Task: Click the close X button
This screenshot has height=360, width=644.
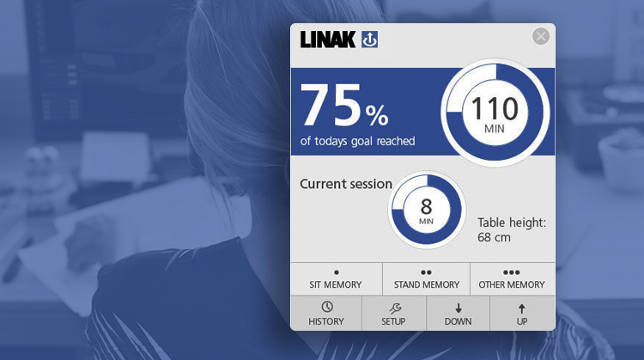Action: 541,36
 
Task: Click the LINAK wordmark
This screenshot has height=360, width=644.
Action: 328,40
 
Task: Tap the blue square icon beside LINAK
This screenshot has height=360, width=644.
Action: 369,40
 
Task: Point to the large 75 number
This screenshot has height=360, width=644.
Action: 331,105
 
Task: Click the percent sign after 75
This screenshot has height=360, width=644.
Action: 377,115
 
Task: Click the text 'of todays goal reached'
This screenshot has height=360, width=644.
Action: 358,141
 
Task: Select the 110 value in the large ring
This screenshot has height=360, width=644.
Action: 495,108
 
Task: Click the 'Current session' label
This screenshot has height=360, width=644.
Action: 346,184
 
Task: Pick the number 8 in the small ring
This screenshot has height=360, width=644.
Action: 426,207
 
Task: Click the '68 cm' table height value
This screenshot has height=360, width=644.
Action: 494,237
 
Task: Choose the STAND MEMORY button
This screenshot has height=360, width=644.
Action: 426,279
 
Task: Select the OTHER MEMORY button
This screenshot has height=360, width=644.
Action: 512,279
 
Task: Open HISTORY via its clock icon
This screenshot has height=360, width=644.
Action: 327,307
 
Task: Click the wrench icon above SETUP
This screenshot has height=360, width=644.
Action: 395,308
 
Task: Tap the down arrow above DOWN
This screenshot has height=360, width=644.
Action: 459,308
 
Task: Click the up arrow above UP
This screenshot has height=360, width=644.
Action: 521,308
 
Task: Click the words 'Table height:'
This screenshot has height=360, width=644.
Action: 512,223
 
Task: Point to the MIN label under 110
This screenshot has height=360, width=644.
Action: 495,129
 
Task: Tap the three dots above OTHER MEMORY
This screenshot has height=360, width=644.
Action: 512,272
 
